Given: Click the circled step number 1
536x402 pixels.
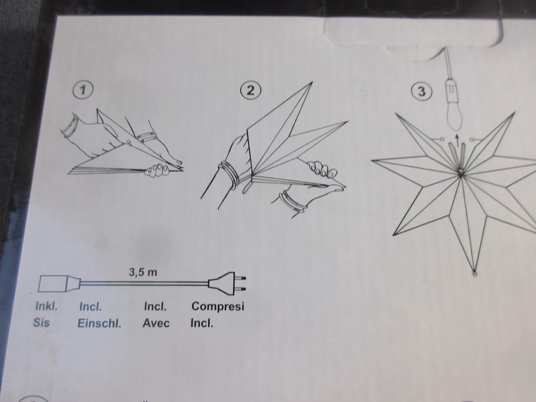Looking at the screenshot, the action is [x=83, y=91].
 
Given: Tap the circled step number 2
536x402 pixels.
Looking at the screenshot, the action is [x=251, y=91].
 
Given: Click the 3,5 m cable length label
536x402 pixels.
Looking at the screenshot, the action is [x=143, y=272].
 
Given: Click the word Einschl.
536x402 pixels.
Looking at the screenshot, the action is [x=99, y=324].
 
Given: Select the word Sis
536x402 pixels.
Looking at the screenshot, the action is [x=42, y=323].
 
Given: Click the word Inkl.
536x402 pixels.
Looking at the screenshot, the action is [x=46, y=306].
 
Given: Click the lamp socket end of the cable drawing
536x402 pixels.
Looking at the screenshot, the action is [x=59, y=283].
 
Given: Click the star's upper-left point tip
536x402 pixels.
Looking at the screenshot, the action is [x=396, y=114].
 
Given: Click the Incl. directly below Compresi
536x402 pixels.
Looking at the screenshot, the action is [x=202, y=323].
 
